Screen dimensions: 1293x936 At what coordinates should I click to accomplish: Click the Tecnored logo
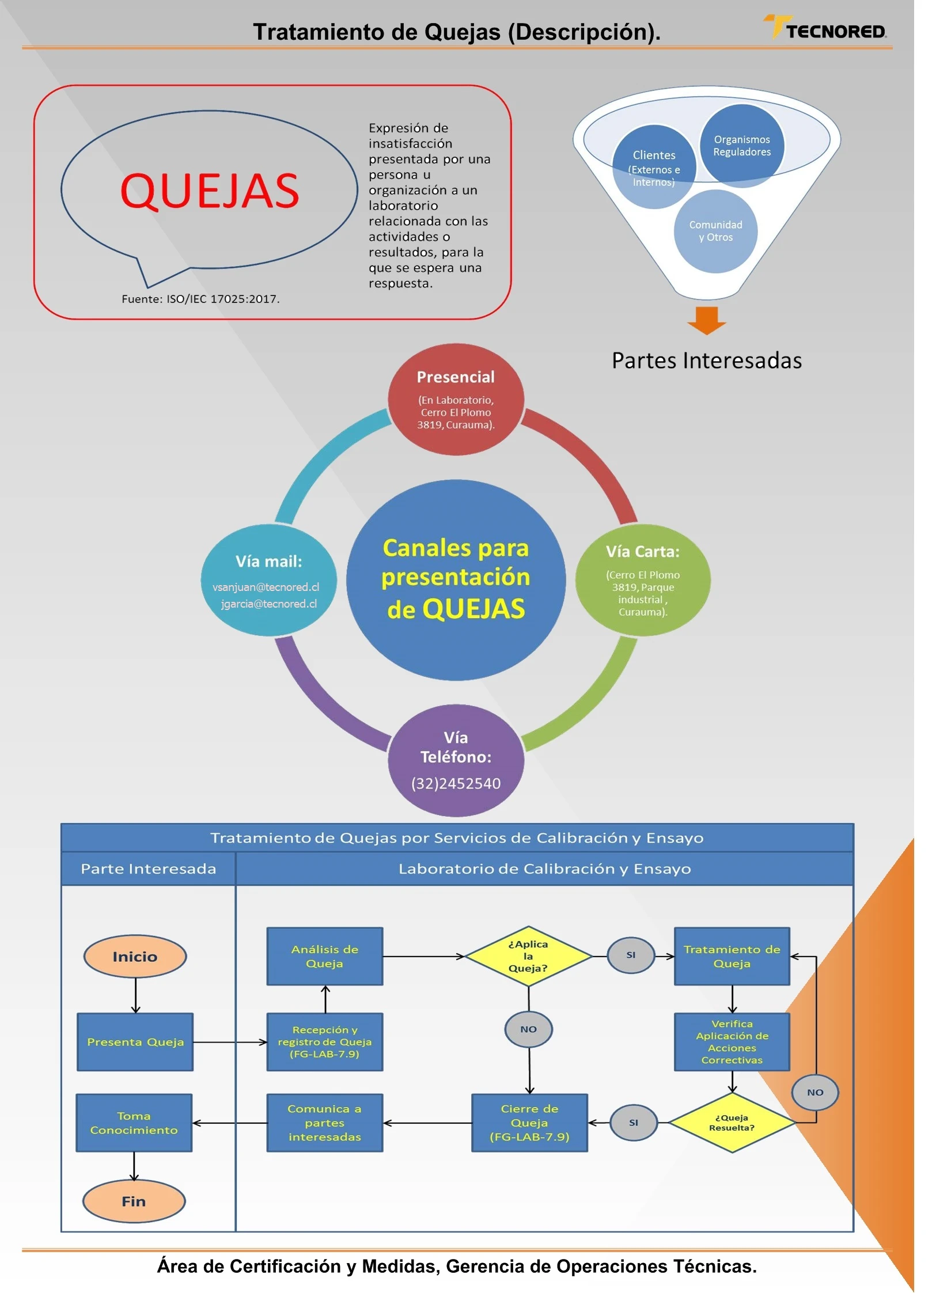pyautogui.click(x=825, y=29)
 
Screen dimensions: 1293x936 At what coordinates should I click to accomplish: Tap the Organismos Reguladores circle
pyautogui.click(x=741, y=145)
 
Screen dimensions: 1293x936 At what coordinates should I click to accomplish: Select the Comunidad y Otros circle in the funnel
pyautogui.click(x=715, y=231)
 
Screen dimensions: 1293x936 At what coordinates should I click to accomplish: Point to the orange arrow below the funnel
pyautogui.click(x=706, y=320)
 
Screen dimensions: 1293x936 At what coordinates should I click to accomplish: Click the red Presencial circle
pyautogui.click(x=455, y=399)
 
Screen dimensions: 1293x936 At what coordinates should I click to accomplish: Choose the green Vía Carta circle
pyautogui.click(x=642, y=579)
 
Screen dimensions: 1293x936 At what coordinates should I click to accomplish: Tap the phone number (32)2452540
pyautogui.click(x=455, y=783)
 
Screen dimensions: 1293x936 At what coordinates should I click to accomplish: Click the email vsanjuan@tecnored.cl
pyautogui.click(x=266, y=587)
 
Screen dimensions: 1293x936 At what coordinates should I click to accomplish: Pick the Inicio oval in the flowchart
pyautogui.click(x=135, y=956)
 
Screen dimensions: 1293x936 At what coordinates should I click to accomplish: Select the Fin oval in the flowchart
pyautogui.click(x=134, y=1201)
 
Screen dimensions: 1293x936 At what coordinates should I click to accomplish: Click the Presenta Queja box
pyautogui.click(x=135, y=1041)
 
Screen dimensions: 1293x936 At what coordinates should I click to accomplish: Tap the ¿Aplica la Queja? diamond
pyautogui.click(x=528, y=955)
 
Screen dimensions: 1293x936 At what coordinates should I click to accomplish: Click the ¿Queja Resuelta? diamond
pyautogui.click(x=731, y=1122)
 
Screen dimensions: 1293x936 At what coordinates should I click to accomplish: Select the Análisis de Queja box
pyautogui.click(x=324, y=955)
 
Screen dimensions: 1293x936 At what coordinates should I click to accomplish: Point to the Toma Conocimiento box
pyautogui.click(x=134, y=1122)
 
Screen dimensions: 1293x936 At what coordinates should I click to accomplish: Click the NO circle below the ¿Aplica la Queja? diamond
pyautogui.click(x=528, y=1029)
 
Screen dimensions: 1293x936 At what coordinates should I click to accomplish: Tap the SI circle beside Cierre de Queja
pyautogui.click(x=633, y=1122)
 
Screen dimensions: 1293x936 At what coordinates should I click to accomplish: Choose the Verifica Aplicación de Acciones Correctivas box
pyautogui.click(x=732, y=1041)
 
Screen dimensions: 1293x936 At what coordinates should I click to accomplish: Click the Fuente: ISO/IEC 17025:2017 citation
pyautogui.click(x=200, y=298)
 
